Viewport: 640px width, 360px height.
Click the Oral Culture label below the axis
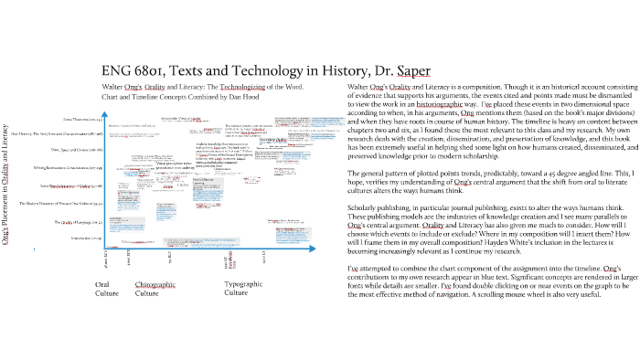(108, 290)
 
